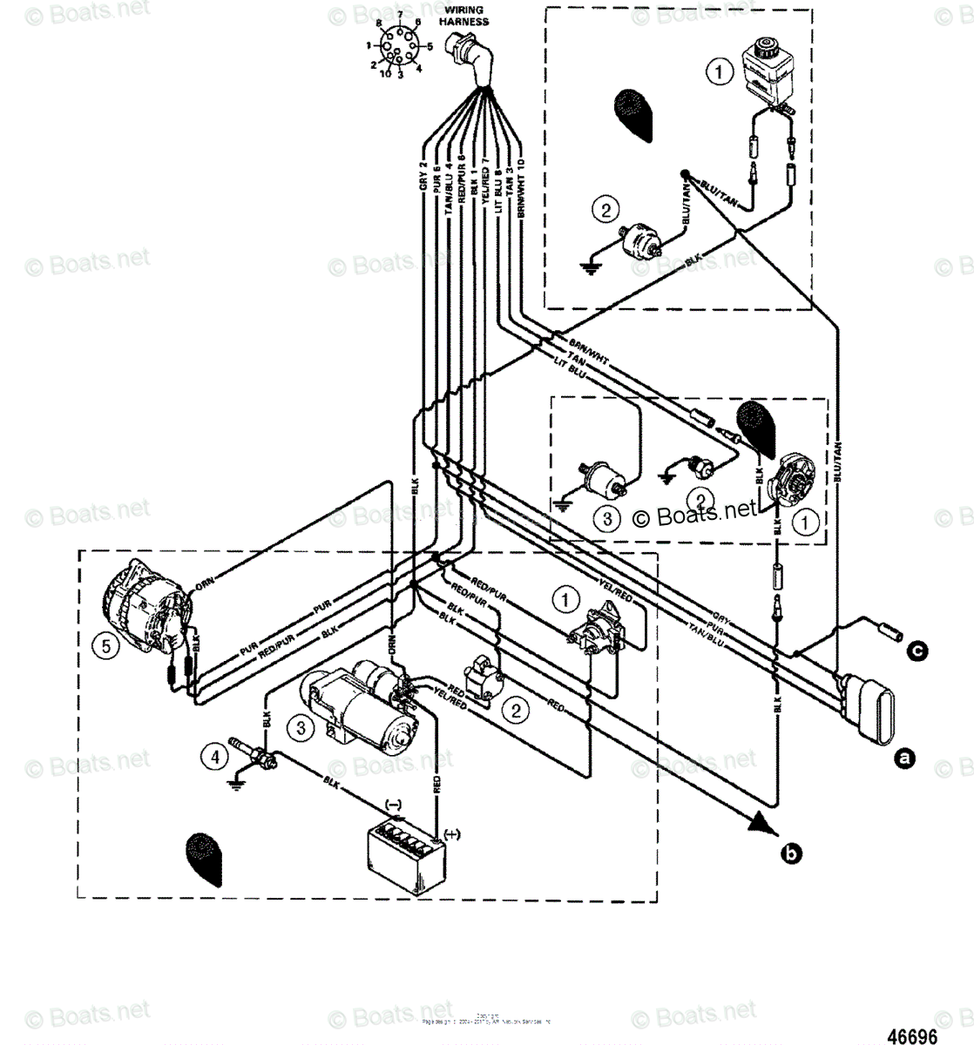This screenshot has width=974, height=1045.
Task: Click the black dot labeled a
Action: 906,758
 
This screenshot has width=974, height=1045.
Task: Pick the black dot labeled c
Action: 916,650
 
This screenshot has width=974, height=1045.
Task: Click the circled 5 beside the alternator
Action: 106,645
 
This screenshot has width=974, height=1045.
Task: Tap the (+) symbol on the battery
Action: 451,834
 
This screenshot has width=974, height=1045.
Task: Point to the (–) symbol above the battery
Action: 393,806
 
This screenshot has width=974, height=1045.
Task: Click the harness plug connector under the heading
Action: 473,57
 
